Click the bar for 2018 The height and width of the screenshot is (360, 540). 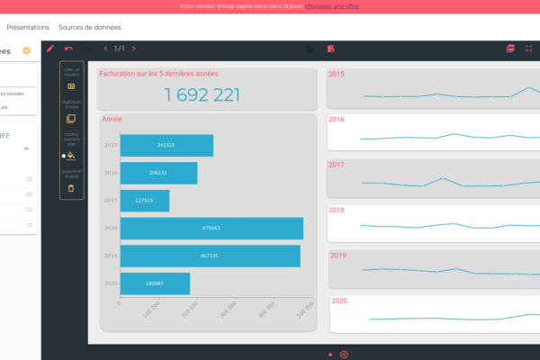pos(211,229)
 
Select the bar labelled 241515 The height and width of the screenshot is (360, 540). pos(166,145)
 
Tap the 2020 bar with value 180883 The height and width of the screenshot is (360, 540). pos(155,283)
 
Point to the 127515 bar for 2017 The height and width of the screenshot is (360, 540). pos(144,201)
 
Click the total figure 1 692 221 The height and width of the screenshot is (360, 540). pos(202,94)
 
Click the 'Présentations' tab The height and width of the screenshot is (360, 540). pos(27,27)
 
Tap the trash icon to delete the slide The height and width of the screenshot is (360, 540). pos(71,188)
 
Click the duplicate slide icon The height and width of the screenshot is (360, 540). pos(71,119)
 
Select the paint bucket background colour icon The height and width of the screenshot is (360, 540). pos(71,155)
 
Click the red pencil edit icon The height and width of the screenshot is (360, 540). pos(50,48)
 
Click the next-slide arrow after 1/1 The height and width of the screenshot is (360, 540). pos(134,48)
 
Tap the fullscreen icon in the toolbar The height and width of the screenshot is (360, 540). pos(528,48)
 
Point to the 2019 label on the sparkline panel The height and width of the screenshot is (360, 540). pos(337,256)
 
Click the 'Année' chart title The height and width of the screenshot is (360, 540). pos(112,119)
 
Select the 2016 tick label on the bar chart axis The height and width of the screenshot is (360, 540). pos(112,172)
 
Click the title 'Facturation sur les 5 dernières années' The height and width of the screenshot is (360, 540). pos(158,74)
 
